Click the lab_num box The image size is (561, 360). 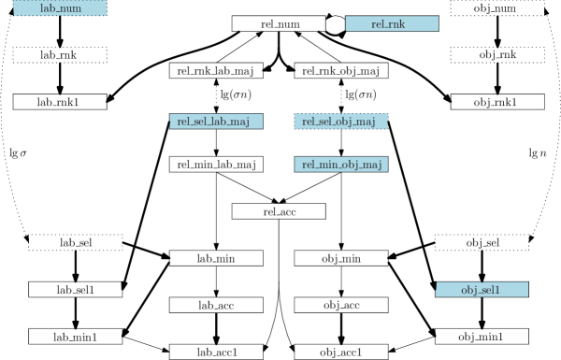tap(60, 8)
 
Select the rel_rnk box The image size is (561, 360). tap(392, 24)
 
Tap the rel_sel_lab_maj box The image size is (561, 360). tap(216, 122)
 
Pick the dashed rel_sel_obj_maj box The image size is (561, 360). tap(341, 122)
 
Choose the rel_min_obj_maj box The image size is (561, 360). tap(341, 165)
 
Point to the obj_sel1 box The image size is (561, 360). tap(482, 290)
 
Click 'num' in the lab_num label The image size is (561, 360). tap(71, 8)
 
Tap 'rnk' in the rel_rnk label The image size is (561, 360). tap(399, 24)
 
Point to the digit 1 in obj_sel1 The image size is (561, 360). tap(498, 290)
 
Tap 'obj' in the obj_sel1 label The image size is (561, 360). tap(467, 290)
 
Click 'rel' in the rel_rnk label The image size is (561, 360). tap(381, 24)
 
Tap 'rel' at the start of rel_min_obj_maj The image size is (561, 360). tap(308, 165)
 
